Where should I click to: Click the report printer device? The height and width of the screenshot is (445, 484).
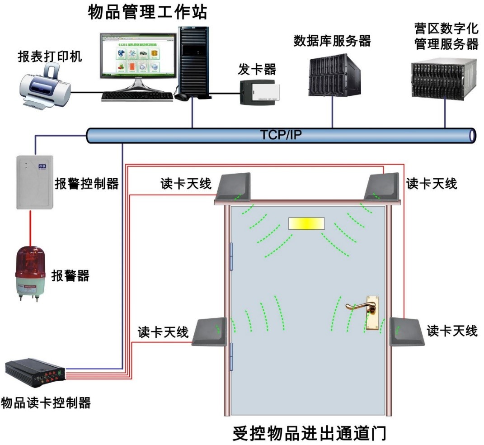pyautogui.click(x=45, y=86)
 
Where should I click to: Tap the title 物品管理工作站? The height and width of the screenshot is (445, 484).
pyautogui.click(x=148, y=12)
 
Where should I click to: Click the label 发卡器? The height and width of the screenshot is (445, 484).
pyautogui.click(x=256, y=69)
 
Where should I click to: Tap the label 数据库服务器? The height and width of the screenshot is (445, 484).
pyautogui.click(x=332, y=41)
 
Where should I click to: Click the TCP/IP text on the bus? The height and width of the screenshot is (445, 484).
pyautogui.click(x=281, y=135)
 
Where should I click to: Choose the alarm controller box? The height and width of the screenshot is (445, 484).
pyautogui.click(x=35, y=182)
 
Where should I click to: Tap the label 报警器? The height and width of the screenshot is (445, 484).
pyautogui.click(x=70, y=275)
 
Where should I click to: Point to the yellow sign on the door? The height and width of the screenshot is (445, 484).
pyautogui.click(x=307, y=223)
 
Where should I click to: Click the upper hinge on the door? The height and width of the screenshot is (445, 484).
pyautogui.click(x=231, y=256)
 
